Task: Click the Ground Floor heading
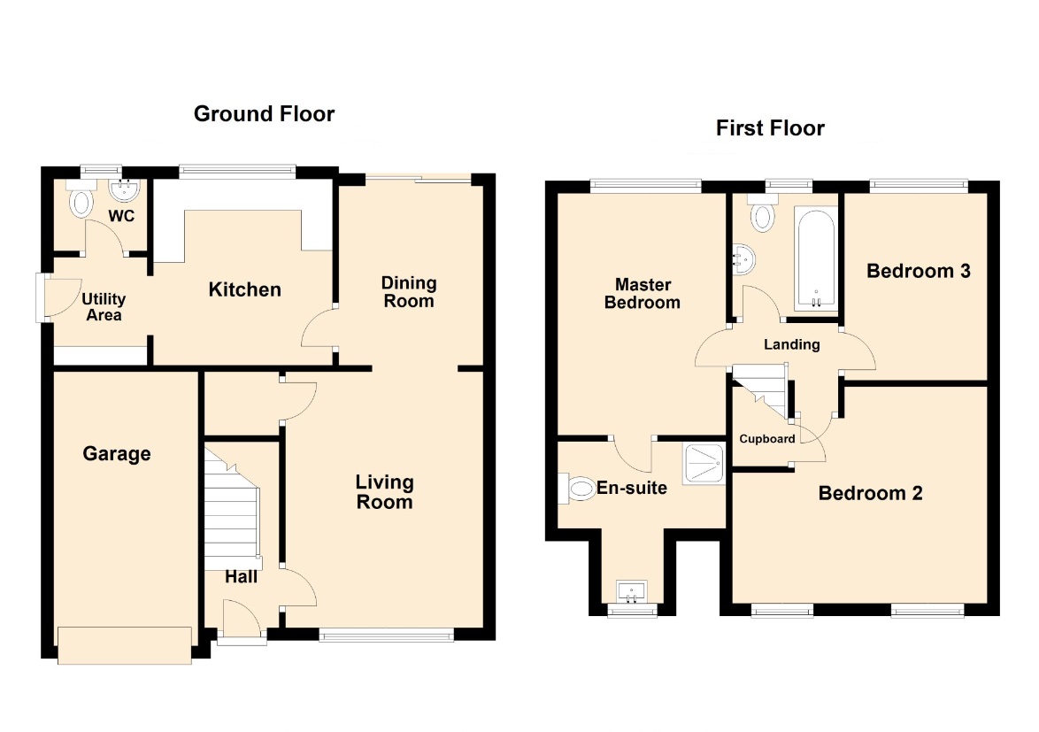click(x=264, y=114)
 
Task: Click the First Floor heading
click(x=770, y=127)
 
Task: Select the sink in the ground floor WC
click(x=124, y=190)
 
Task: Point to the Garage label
click(x=117, y=454)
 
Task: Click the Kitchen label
click(x=244, y=289)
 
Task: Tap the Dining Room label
click(x=409, y=292)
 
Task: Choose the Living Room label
click(x=384, y=491)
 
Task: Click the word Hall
click(x=242, y=577)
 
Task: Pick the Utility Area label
click(x=104, y=307)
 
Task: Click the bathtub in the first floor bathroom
click(x=816, y=259)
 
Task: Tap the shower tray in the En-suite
click(x=704, y=462)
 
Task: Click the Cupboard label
click(x=767, y=438)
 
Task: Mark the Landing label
click(x=792, y=344)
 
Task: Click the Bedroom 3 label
click(x=919, y=271)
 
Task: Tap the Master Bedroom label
click(x=643, y=294)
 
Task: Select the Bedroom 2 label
click(x=870, y=493)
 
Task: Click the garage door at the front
click(x=125, y=644)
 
